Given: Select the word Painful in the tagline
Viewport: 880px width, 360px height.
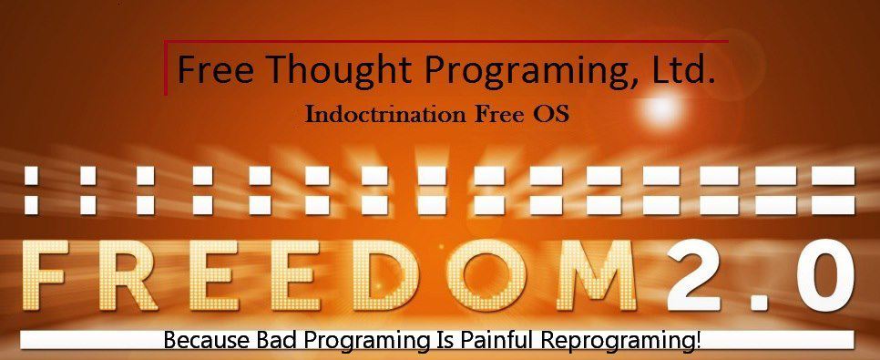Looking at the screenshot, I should coord(489,341).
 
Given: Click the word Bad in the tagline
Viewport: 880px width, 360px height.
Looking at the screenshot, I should coord(276,341).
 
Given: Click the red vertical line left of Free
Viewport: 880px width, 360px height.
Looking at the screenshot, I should coord(166,67).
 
